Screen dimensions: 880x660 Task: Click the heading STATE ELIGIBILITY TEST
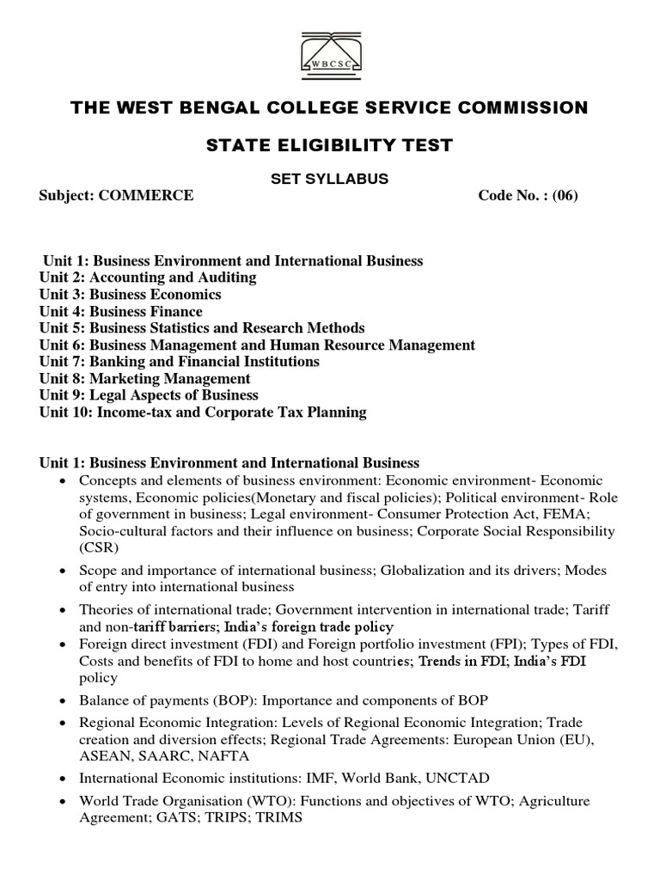(x=329, y=145)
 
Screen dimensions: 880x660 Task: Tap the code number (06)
(x=565, y=195)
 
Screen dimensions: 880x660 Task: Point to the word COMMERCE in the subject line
(x=146, y=195)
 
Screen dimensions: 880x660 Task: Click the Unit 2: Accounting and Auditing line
(x=148, y=278)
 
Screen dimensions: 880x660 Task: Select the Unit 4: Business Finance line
(x=121, y=311)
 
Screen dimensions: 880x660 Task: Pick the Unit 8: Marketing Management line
(x=145, y=378)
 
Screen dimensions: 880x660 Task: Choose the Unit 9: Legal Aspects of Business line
(x=149, y=395)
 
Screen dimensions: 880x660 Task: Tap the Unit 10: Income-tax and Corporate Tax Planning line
(x=203, y=412)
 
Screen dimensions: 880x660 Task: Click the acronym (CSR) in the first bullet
(x=99, y=547)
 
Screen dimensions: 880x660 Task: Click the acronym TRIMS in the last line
(x=283, y=818)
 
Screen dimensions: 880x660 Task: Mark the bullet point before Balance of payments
(x=64, y=701)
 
